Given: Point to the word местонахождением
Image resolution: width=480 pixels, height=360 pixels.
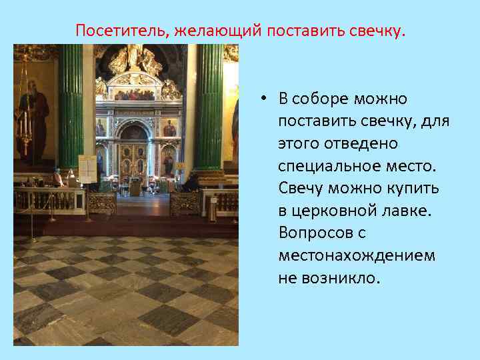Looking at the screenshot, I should click(356, 255).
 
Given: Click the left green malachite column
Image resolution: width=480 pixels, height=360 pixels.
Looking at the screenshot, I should click(70, 107).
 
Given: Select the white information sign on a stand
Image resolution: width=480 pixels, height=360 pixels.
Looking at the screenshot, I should click(87, 168).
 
